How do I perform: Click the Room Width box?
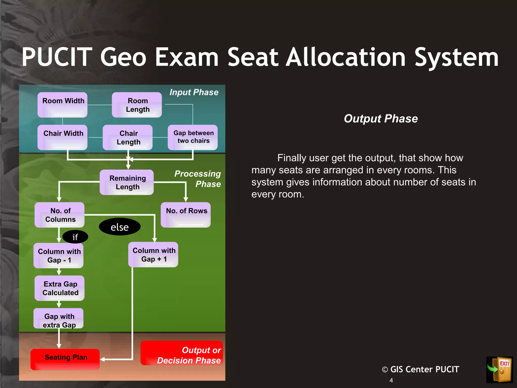pos(62,105)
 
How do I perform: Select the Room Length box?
pos(137,105)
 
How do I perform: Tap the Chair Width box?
pos(62,137)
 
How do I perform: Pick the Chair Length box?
pos(128,137)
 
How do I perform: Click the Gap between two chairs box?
pos(193,137)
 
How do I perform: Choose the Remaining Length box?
pos(127,182)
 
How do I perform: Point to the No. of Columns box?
pos(60,215)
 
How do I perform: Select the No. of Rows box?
pos(186,215)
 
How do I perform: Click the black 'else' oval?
pos(120,227)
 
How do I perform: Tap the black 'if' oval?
pos(75,237)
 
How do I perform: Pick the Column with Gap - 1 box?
pos(59,255)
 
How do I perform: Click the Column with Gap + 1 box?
pos(153,254)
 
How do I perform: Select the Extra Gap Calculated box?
pos(60,288)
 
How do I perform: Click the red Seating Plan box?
pos(65,359)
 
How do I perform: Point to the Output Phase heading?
pos(381,118)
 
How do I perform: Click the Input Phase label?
pos(194,92)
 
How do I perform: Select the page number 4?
pos(391,380)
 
